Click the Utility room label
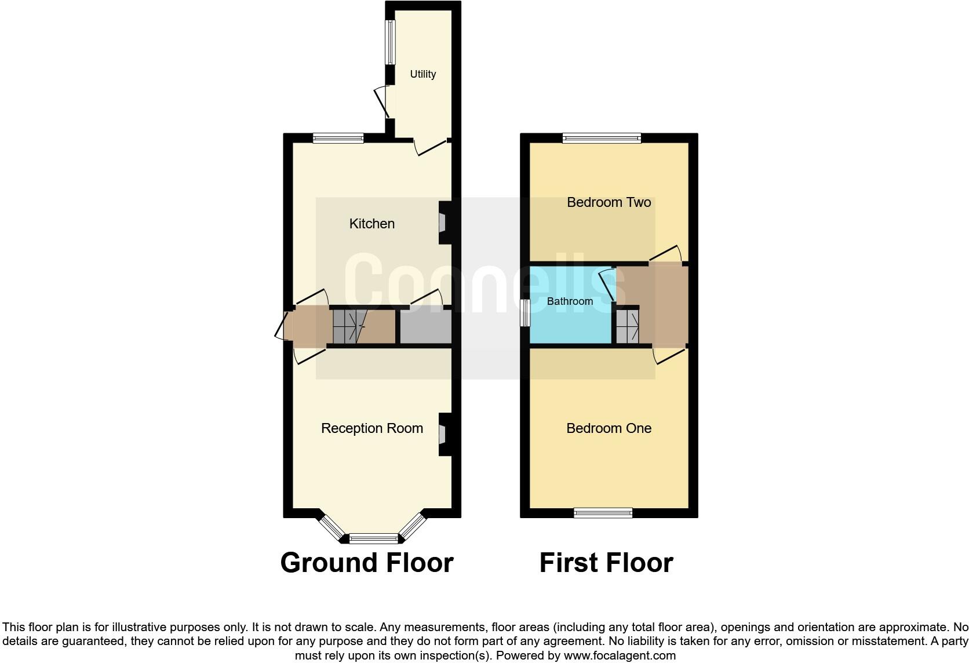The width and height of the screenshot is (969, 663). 422,74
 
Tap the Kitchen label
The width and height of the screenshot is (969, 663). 371,224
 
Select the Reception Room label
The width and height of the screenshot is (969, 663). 371,428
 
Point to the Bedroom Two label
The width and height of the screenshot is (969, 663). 609,202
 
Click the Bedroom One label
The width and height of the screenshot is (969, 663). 609,428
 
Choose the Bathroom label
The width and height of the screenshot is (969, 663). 570,301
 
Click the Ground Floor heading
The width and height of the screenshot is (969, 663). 366,563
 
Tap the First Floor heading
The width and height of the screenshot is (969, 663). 606,563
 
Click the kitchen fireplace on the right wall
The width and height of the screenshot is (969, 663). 443,223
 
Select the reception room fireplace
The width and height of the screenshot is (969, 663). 443,434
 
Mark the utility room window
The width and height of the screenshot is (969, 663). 390,42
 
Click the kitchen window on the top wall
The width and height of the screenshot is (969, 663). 338,138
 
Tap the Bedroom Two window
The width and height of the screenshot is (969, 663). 602,138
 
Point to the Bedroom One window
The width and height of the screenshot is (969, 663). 603,512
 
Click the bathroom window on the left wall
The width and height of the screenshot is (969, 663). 524,313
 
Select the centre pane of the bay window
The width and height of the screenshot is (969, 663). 374,539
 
